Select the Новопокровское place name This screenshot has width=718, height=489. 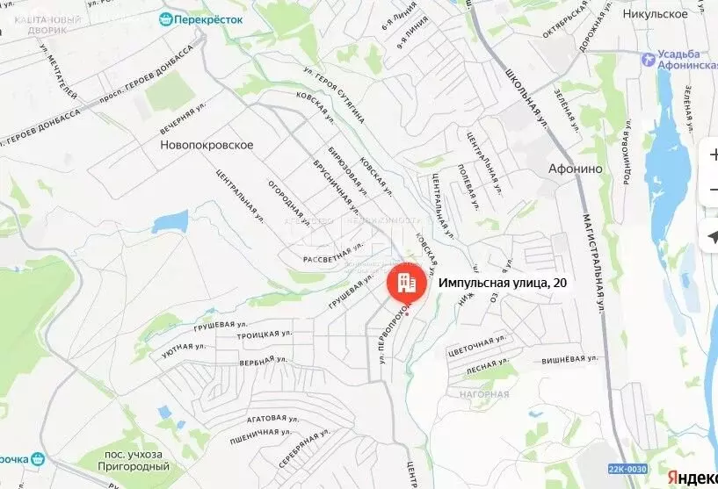[x=207, y=145]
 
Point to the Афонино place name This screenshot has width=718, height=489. [x=574, y=169]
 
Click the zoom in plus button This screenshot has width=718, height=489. [x=711, y=155]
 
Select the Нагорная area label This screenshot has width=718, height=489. [x=483, y=395]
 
